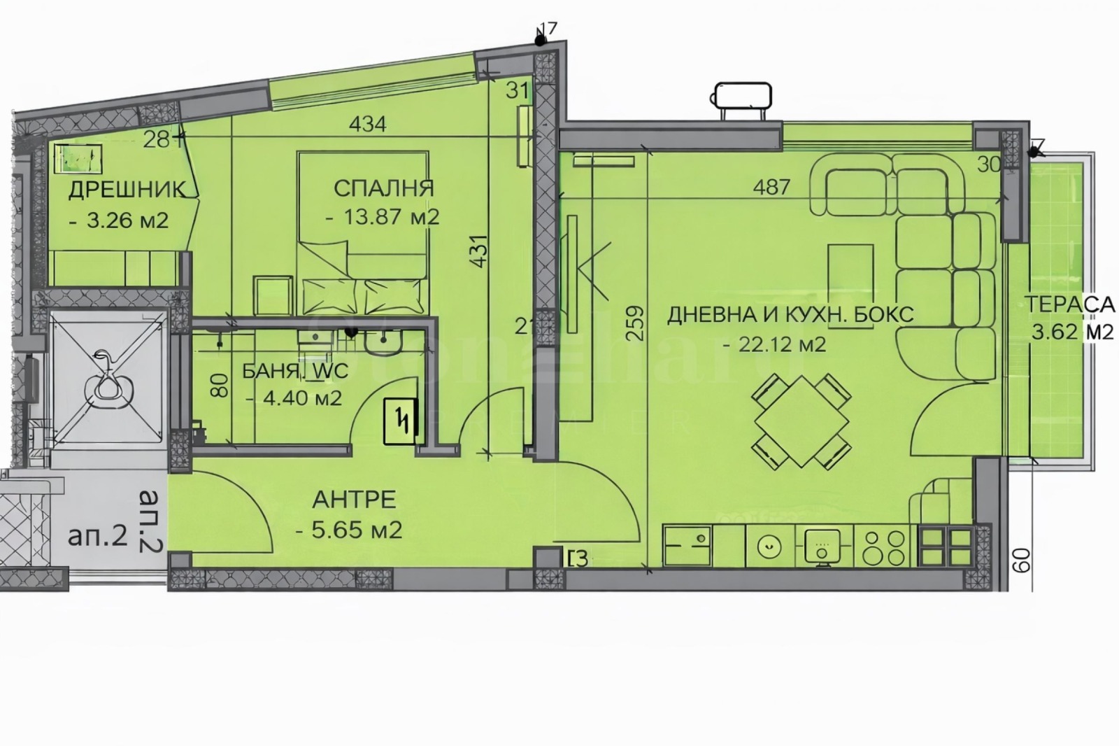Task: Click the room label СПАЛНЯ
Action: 383,188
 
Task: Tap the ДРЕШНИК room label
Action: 127,190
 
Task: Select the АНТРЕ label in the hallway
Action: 354,500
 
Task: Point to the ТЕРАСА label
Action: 1069,304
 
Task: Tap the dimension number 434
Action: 367,125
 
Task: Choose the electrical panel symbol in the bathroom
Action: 401,421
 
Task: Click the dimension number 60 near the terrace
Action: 1022,561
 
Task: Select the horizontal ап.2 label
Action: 98,537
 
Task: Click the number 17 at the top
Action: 548,29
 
